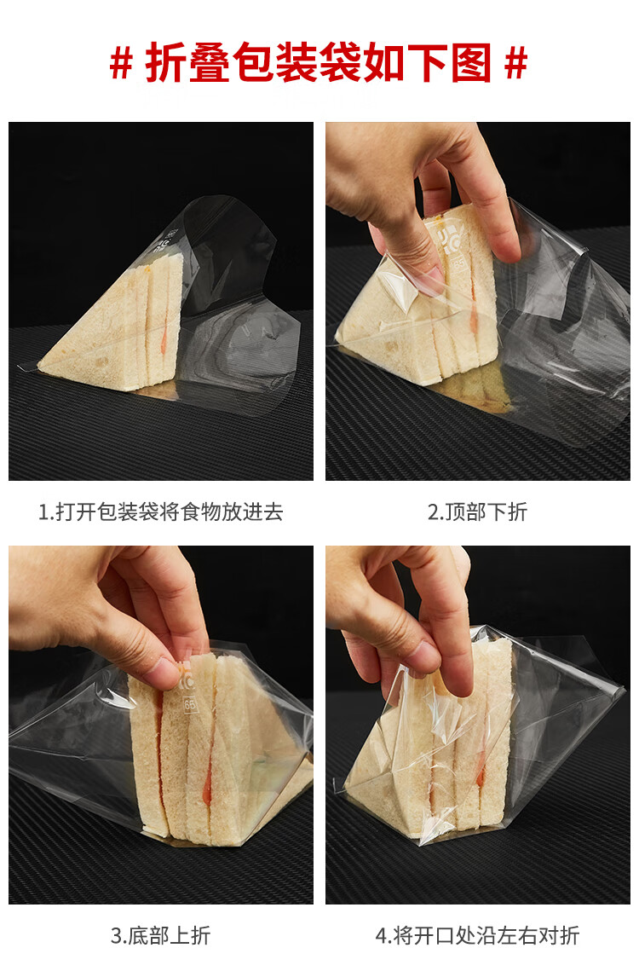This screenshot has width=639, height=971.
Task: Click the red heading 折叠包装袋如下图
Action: (319, 62)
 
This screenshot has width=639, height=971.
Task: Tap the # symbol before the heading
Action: (121, 62)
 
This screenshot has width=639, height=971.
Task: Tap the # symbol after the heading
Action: (515, 62)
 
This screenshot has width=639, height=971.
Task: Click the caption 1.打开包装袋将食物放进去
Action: (160, 512)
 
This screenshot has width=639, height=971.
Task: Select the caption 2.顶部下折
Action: (477, 512)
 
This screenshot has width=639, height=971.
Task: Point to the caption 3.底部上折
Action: (160, 935)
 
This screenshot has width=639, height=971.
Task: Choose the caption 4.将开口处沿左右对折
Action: (477, 935)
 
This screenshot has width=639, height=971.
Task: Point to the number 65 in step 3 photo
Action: (189, 704)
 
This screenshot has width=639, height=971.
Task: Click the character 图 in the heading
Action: (470, 62)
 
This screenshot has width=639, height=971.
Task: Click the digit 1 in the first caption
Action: (43, 512)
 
